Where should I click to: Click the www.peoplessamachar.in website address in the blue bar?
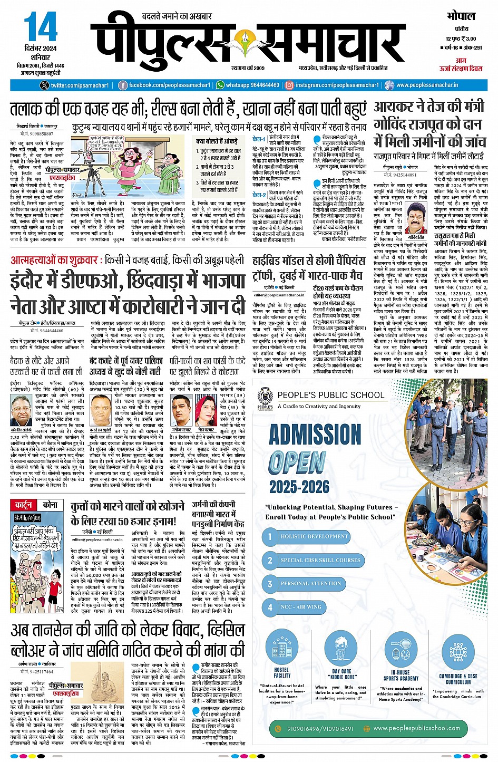click(x=427, y=85)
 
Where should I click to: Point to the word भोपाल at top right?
click(x=461, y=16)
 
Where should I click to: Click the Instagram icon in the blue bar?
click(x=289, y=85)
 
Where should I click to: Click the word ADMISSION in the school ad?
click(x=315, y=435)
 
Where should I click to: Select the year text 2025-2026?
click(x=299, y=486)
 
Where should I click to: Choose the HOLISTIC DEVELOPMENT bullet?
click(x=314, y=536)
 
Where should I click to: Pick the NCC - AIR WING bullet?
click(x=300, y=607)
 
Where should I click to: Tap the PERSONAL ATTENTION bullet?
click(x=310, y=583)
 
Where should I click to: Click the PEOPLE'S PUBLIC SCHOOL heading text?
click(x=331, y=395)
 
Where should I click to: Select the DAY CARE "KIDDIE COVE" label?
click(x=343, y=673)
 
